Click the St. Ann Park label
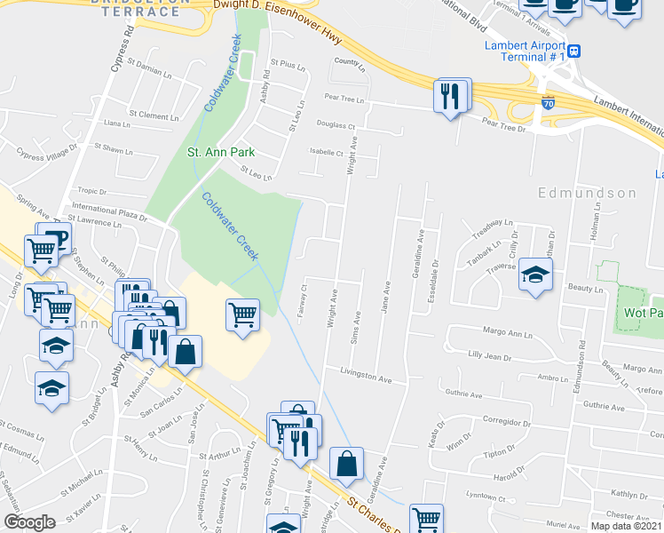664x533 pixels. (220, 152)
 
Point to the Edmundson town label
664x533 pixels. (587, 193)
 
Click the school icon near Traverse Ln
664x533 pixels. (535, 275)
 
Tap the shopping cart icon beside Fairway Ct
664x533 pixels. (243, 315)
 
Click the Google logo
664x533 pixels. (30, 521)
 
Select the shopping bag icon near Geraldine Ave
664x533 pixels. (346, 463)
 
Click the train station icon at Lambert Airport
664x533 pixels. (573, 52)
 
